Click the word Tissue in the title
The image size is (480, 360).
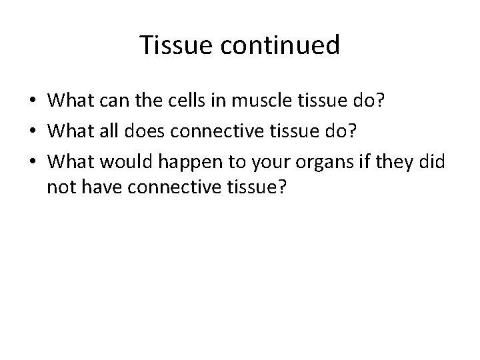[173, 45]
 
